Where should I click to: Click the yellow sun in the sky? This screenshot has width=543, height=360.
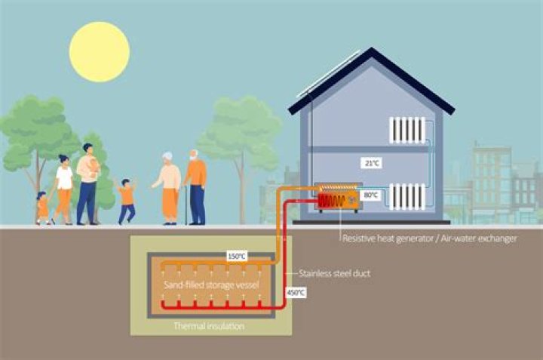99,52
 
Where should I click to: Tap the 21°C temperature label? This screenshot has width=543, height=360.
369,163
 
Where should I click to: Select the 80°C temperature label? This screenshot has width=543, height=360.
370,195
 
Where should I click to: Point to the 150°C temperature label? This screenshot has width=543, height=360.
236,257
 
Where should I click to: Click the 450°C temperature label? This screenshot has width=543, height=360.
296,291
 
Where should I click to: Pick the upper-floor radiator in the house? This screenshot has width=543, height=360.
407,130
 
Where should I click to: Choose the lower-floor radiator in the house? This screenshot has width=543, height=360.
407,197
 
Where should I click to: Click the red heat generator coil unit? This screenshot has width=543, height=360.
331,200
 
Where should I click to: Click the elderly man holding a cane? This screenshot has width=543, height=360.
195,186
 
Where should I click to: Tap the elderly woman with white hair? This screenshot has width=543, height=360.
169,188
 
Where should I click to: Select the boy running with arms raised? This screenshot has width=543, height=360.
127,201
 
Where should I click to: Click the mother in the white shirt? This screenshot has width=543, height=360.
64,189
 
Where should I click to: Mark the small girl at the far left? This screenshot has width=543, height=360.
42,207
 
